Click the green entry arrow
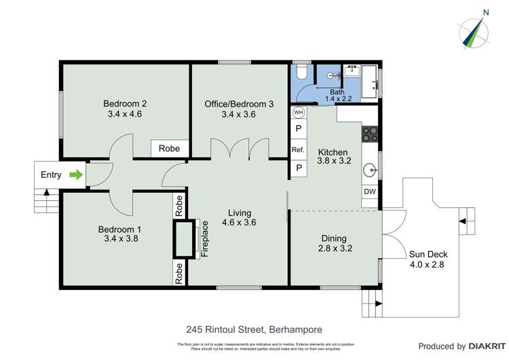pyautogui.click(x=77, y=175)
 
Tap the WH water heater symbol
pyautogui.click(x=299, y=112)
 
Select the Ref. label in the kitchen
pyautogui.click(x=298, y=149)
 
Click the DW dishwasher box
pyautogui.click(x=370, y=192)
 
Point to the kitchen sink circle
pyautogui.click(x=370, y=170)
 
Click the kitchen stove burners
pyautogui.click(x=370, y=133)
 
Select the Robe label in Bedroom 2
pyautogui.click(x=169, y=148)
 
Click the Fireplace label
pyautogui.click(x=204, y=239)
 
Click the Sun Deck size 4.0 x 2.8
pyautogui.click(x=428, y=265)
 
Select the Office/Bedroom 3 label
pyautogui.click(x=239, y=104)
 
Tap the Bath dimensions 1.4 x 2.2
pyautogui.click(x=337, y=99)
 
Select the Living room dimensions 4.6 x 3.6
pyautogui.click(x=239, y=221)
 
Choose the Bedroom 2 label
pyautogui.click(x=125, y=104)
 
